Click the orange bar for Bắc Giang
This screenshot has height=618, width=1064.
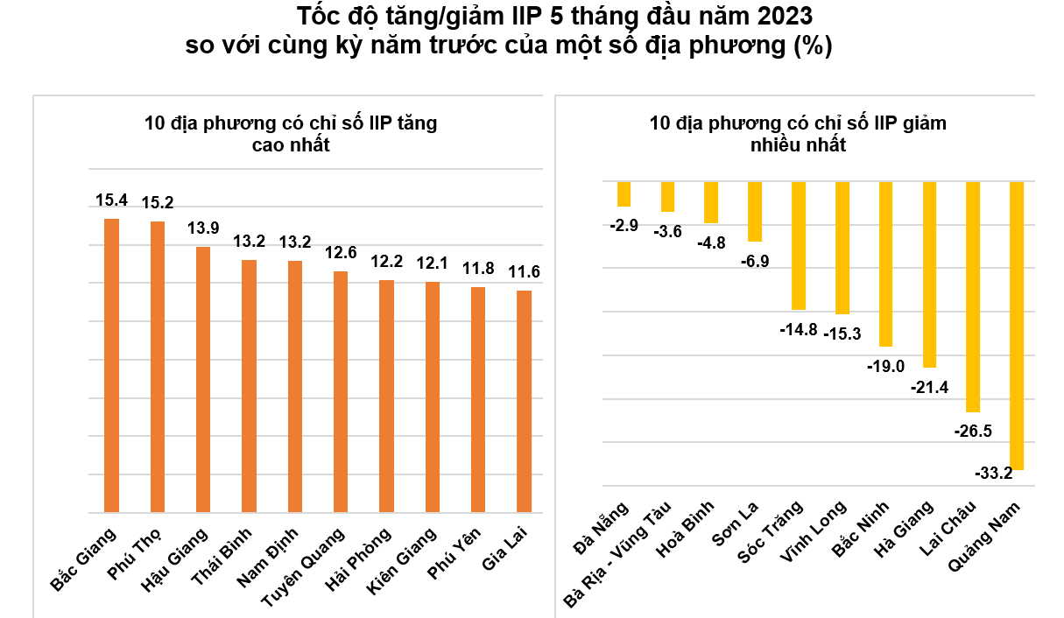click(x=111, y=365)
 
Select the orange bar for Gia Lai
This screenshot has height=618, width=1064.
click(x=524, y=401)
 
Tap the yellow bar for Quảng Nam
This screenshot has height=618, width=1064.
click(x=1017, y=326)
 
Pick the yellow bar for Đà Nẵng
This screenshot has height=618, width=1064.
click(x=624, y=194)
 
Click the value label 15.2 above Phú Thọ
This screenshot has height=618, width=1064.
click(x=158, y=203)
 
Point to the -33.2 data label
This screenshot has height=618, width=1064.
click(x=993, y=474)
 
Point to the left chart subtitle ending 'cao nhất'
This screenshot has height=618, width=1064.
click(x=291, y=134)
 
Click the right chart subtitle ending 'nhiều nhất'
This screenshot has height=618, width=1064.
click(x=798, y=134)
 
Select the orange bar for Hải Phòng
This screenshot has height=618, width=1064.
click(x=386, y=396)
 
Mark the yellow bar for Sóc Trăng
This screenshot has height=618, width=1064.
click(x=798, y=246)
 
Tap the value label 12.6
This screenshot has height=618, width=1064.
click(x=341, y=253)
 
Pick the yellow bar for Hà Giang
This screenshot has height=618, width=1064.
click(x=929, y=275)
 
